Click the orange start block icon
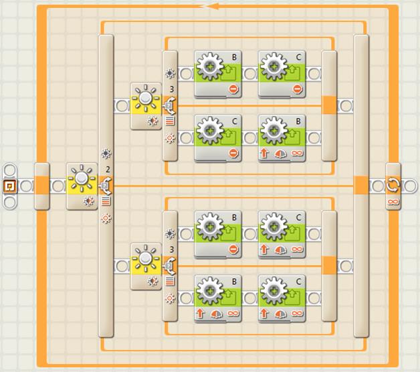pyautogui.click(x=10, y=186)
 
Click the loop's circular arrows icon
pyautogui.click(x=393, y=185)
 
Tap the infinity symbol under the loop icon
pyautogui.click(x=393, y=201)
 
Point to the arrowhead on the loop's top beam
pyautogui.click(x=213, y=6)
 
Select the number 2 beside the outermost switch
pyautogui.click(x=108, y=170)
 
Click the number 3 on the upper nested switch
pyautogui.click(x=172, y=89)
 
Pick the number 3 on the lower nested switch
pyautogui.click(x=172, y=249)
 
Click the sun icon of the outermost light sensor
pyautogui.click(x=82, y=178)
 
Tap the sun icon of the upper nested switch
pyautogui.click(x=145, y=98)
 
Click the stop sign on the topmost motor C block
pyautogui.click(x=297, y=88)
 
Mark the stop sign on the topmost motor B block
pyautogui.click(x=233, y=88)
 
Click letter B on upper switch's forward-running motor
pyautogui.click(x=298, y=121)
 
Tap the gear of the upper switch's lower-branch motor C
pyautogui.click(x=210, y=131)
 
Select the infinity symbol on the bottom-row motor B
pyautogui.click(x=233, y=313)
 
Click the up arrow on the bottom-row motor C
pyautogui.click(x=264, y=313)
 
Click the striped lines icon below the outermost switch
pyautogui.click(x=106, y=201)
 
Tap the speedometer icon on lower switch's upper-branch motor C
pyautogui.click(x=280, y=249)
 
